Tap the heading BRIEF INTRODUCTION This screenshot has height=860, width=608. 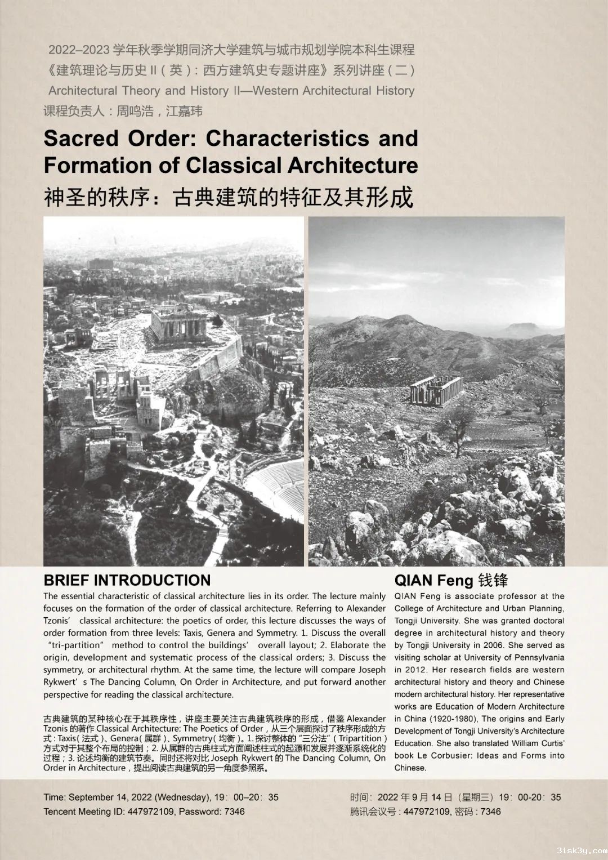(x=127, y=580)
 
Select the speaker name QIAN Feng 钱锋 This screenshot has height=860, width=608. (x=451, y=580)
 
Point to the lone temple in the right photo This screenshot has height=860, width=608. (x=436, y=390)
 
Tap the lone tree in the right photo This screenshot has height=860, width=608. (x=461, y=425)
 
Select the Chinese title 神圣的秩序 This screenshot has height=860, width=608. (x=96, y=197)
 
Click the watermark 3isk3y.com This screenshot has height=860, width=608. (x=582, y=850)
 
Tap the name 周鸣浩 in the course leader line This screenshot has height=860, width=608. (x=135, y=112)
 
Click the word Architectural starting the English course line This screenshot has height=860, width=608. (x=83, y=91)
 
